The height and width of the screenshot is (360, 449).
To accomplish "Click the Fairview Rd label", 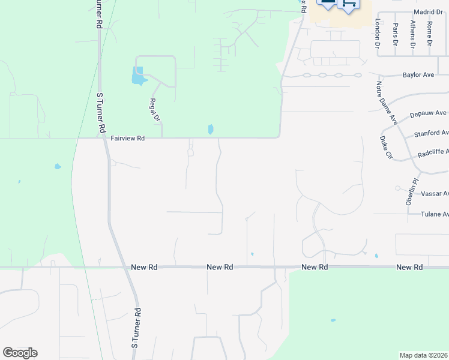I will [x=128, y=138].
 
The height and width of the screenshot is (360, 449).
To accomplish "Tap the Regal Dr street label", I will [x=155, y=110].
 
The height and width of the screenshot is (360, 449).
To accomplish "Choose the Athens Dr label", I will [x=412, y=34].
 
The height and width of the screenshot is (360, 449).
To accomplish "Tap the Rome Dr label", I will [x=430, y=34].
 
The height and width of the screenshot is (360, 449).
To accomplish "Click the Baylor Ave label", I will [x=417, y=76].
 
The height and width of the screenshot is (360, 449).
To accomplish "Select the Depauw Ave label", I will [x=428, y=113].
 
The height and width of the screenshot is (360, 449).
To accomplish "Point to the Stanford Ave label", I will [x=431, y=133].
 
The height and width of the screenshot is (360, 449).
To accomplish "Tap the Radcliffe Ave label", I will [x=433, y=153].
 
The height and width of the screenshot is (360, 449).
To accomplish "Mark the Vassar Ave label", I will [x=435, y=194].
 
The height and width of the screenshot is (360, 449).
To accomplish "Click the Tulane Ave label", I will [x=434, y=214].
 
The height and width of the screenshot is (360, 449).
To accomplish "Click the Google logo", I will [x=20, y=353].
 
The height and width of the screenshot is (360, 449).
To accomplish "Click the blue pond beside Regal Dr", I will [x=138, y=76].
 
